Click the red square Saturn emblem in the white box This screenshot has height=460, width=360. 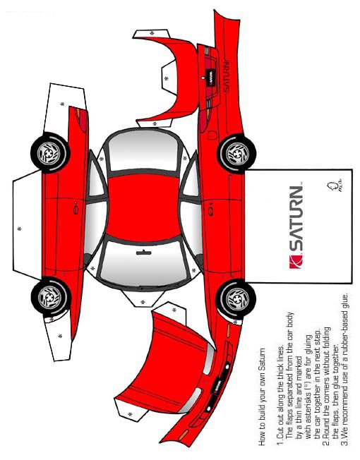(x=296, y=262)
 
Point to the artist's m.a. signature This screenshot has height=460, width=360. (x=334, y=186)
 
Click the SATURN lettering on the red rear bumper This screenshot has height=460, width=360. (x=226, y=77)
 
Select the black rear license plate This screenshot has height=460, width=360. (x=211, y=78)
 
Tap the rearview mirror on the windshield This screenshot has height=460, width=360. (x=144, y=253)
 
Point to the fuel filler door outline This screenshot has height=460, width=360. (x=212, y=135)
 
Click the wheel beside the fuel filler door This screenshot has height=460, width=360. (x=236, y=153)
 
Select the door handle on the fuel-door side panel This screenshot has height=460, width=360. (x=210, y=211)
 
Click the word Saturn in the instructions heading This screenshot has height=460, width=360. (x=262, y=358)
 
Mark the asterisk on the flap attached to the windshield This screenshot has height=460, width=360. (x=143, y=302)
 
